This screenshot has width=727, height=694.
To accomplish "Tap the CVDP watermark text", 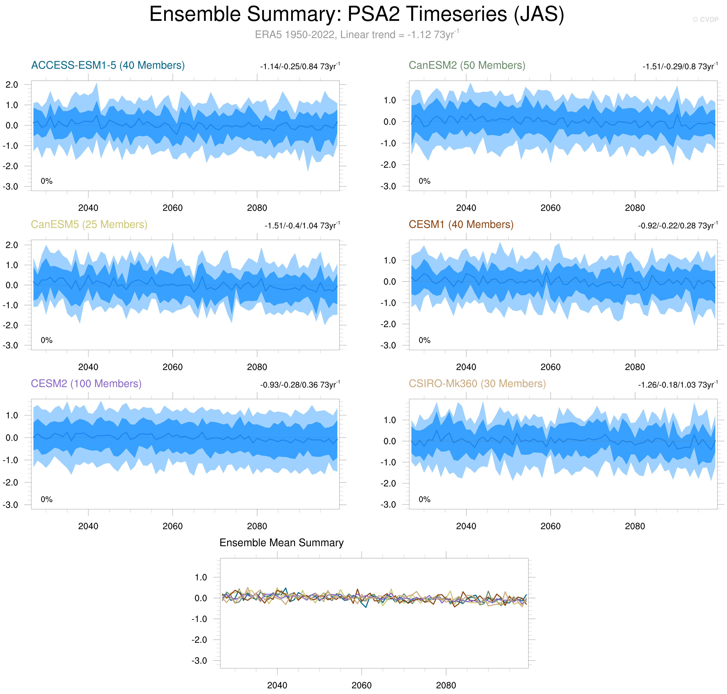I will pos(705,20).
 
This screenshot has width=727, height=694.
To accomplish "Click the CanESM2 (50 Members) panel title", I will pos(467,66).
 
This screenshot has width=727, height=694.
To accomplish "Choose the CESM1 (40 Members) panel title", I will pos(461,225).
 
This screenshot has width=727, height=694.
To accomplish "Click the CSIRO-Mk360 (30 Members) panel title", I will pos(477,384).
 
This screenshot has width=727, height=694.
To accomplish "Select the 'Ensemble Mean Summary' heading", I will pos(281,543).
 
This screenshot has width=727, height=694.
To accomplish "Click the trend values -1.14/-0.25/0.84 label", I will pos(300,67).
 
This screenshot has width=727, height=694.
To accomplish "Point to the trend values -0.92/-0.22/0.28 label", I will pos(677,226).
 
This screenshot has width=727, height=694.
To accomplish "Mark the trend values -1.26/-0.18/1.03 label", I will pos(677,385).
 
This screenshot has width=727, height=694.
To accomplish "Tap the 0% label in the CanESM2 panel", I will pos(424,181).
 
